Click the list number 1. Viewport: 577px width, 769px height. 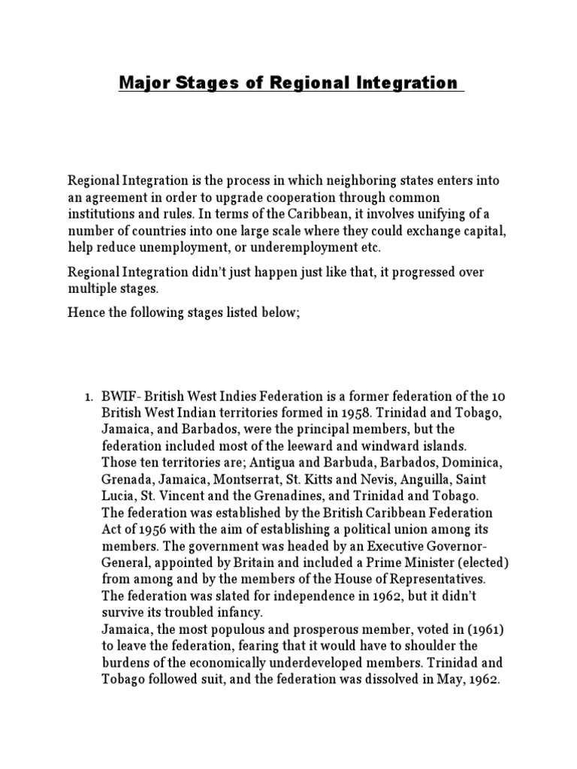tap(87, 396)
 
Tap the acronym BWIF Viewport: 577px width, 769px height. tap(120, 396)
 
